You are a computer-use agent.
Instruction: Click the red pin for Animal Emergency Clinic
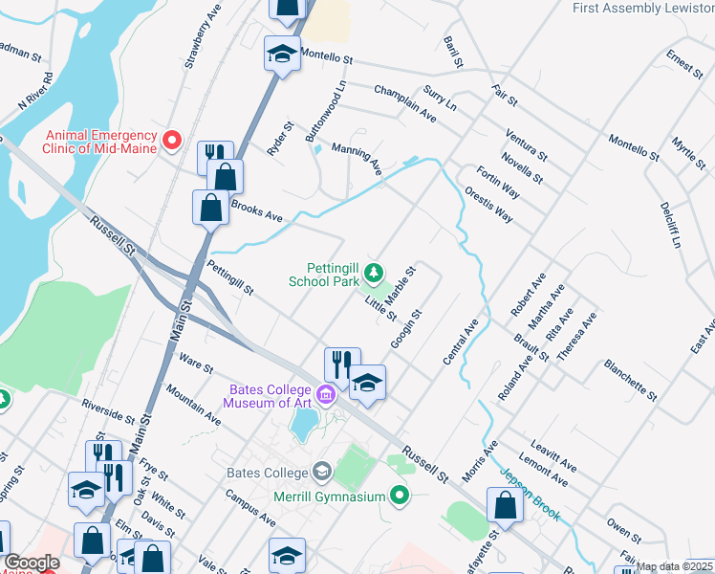pos(173,142)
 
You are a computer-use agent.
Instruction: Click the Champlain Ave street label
pos(405,104)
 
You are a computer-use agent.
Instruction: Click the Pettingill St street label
pos(230,279)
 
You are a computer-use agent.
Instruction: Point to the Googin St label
pos(406,329)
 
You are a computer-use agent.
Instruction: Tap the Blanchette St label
pos(630,380)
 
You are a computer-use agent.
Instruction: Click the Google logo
pos(32,563)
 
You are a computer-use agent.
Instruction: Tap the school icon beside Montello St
pos(282,54)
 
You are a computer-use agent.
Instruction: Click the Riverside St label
pos(108,411)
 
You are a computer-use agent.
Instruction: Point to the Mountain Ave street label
pos(193,406)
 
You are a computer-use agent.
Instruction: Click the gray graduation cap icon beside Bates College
pos(322,473)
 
